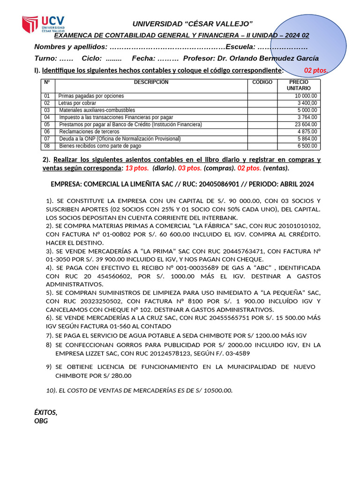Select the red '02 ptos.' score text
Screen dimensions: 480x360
(x=316, y=70)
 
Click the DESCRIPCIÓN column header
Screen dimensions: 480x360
(x=151, y=82)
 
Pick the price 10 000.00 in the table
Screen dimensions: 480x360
(x=304, y=96)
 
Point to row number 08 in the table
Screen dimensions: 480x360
(x=47, y=146)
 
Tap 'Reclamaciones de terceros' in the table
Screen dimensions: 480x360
(x=89, y=132)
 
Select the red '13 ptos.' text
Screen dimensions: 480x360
(x=137, y=168)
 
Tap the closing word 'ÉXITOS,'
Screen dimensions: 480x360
(x=46, y=412)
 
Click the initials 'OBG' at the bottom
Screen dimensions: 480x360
(x=41, y=421)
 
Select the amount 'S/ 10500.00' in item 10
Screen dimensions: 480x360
(x=213, y=390)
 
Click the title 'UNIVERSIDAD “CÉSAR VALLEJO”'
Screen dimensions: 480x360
(x=193, y=24)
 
